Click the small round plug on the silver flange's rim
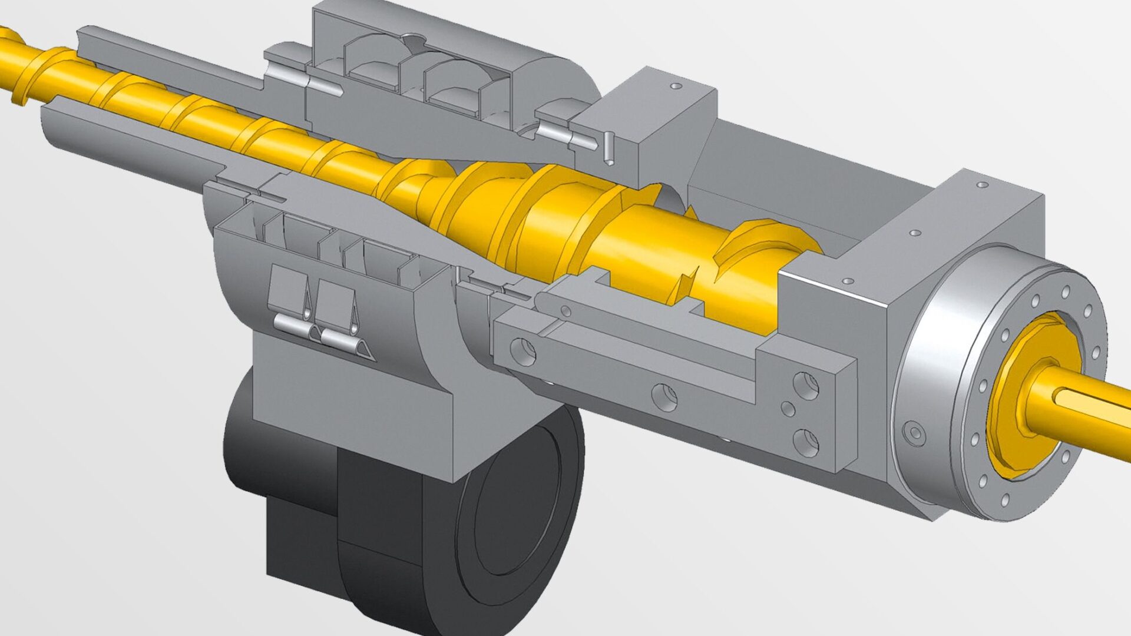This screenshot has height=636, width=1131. click(915, 434)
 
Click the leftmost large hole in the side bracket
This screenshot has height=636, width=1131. click(523, 352)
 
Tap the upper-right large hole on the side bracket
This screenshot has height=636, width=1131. click(806, 386)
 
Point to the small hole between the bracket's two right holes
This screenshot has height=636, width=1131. click(788, 408)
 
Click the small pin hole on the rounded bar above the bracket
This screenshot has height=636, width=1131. click(565, 310)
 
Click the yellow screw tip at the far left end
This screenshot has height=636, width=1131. click(12, 65)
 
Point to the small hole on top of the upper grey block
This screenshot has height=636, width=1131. click(676, 86)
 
